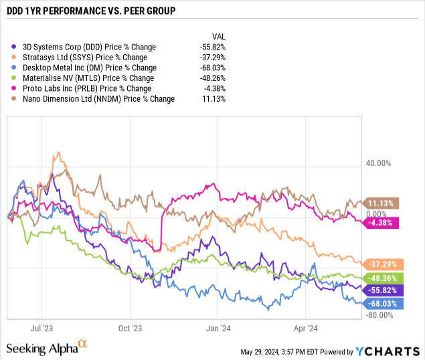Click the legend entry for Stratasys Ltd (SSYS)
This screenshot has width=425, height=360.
[84, 58]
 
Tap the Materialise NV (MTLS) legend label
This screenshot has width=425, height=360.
[88, 78]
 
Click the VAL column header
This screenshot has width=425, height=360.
[218, 36]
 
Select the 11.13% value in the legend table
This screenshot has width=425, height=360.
[214, 99]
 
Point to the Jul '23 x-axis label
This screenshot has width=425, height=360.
[42, 329]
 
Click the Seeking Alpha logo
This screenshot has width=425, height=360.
[46, 347]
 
